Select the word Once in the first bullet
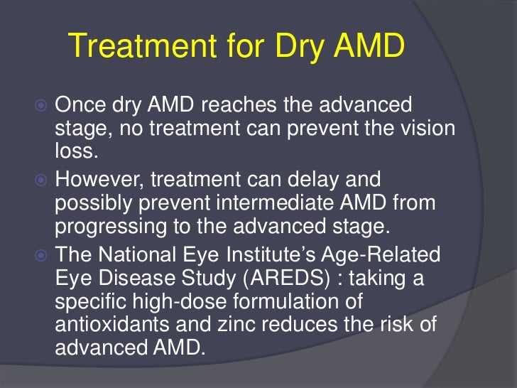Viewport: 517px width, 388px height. click(x=80, y=106)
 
